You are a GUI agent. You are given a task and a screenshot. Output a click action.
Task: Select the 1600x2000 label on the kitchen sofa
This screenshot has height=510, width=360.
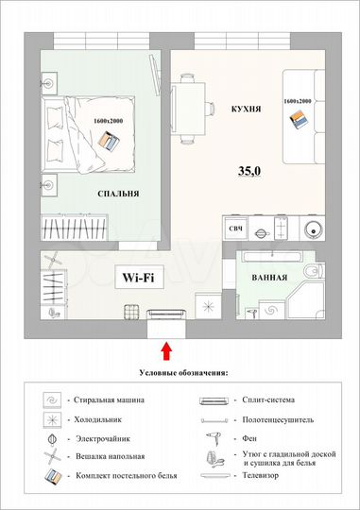tap(297, 101)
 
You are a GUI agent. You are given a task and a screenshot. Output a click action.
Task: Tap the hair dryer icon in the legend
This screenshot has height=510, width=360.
tap(214, 439)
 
